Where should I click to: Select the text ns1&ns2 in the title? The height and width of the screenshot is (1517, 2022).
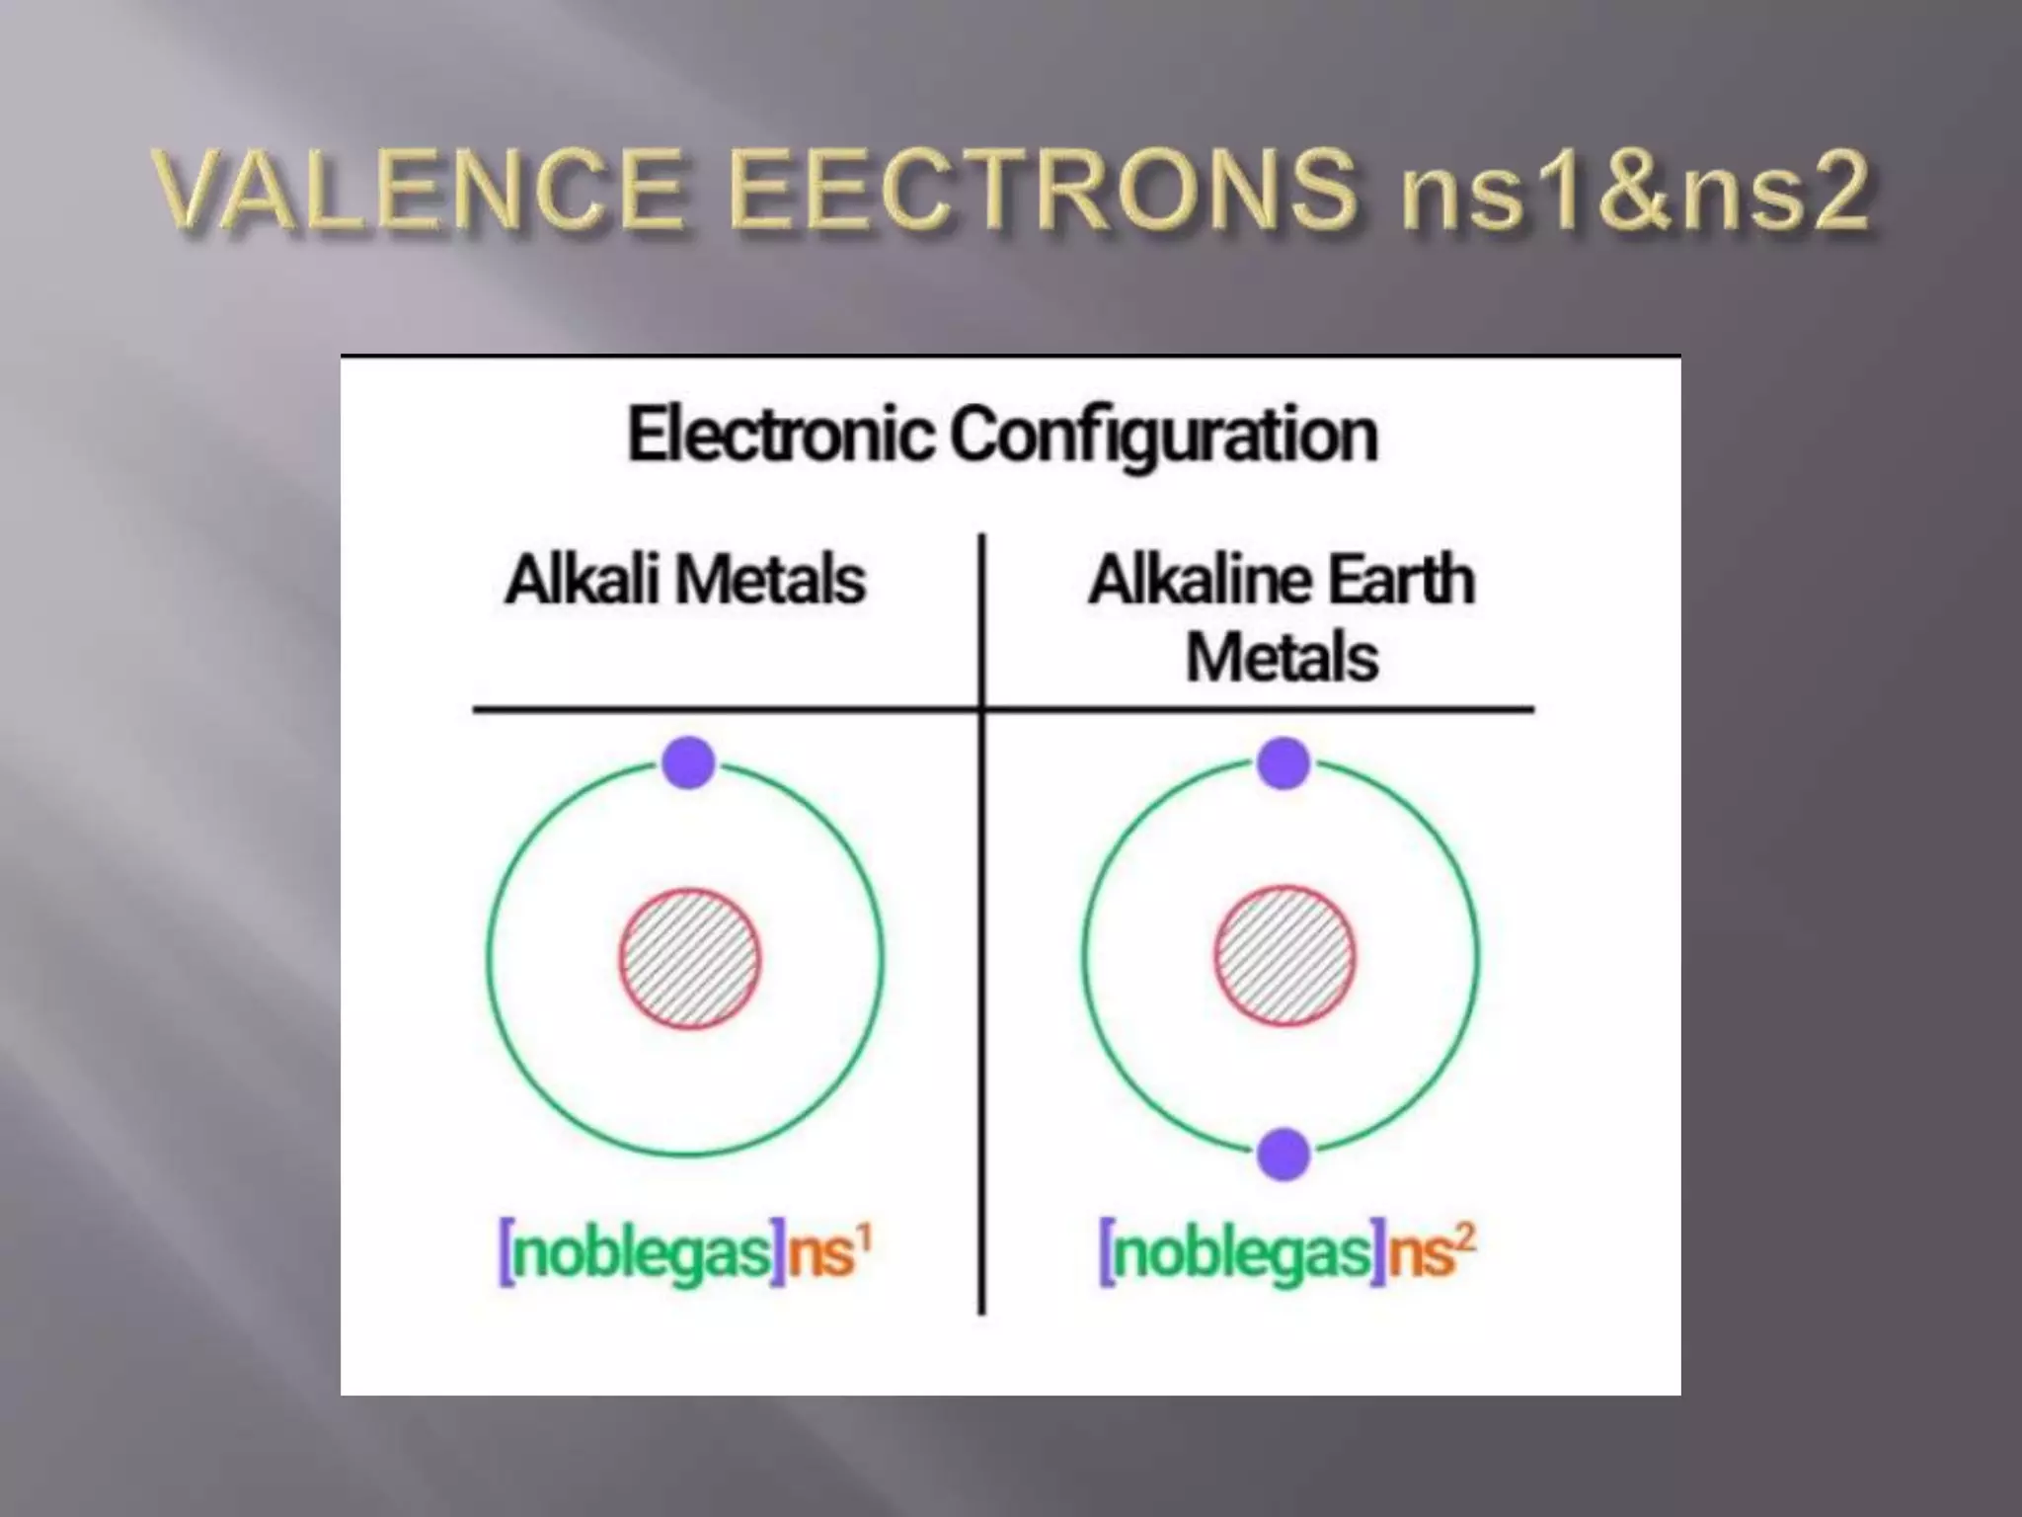[1633, 190]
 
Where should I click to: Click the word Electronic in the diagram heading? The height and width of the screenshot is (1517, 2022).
[781, 435]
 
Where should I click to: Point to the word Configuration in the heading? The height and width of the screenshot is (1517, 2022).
[1164, 435]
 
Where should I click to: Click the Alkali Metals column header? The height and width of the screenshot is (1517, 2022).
[685, 580]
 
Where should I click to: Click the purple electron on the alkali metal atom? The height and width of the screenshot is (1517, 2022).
[688, 762]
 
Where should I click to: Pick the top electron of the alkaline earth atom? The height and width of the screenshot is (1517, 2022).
[1283, 762]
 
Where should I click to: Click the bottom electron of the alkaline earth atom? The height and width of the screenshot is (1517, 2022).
[1283, 1154]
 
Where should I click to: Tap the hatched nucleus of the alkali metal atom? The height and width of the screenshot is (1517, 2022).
[690, 958]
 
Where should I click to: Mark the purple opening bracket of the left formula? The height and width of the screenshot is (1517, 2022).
[506, 1252]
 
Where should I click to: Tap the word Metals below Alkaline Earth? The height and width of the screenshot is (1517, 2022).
[1282, 658]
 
